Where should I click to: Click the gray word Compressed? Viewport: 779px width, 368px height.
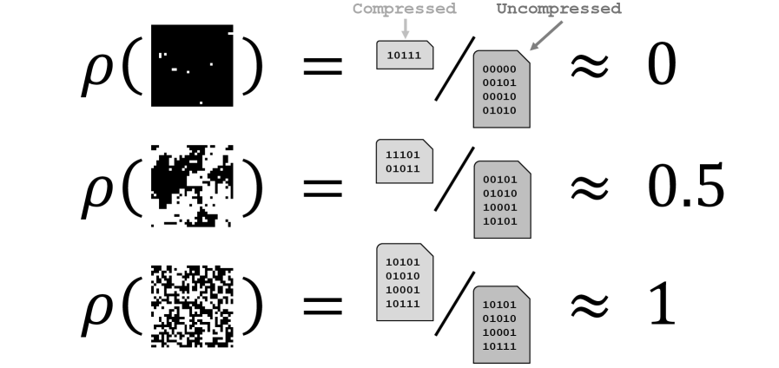[404, 10]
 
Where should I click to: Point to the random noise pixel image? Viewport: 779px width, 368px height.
[192, 305]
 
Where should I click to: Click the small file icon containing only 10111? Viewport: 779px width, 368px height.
[405, 54]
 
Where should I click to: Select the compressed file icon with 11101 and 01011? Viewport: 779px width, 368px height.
[405, 161]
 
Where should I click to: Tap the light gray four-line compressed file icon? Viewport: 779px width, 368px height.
[405, 282]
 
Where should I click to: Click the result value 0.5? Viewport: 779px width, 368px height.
[685, 187]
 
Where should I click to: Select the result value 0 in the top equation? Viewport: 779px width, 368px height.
[661, 67]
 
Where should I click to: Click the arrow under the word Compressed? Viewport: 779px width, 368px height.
[405, 29]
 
